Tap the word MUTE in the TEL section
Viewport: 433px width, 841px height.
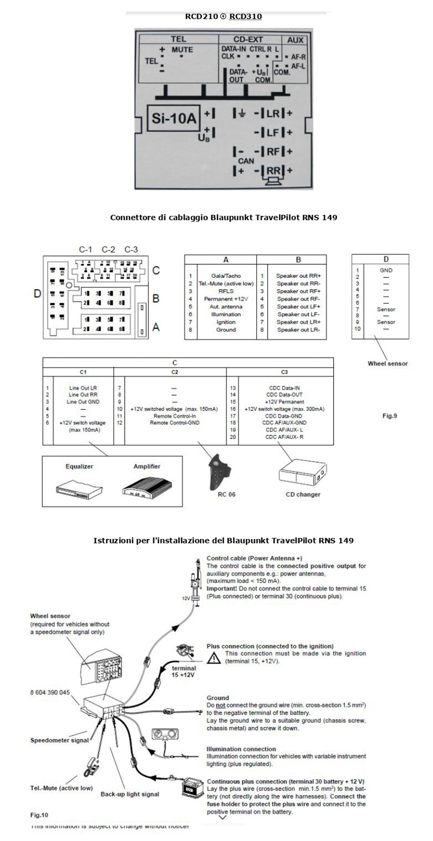click(182, 50)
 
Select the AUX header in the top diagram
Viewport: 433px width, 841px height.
click(295, 40)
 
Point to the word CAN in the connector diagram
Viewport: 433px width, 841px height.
click(246, 161)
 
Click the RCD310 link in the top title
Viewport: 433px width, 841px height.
click(245, 16)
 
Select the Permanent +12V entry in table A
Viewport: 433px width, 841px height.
click(226, 299)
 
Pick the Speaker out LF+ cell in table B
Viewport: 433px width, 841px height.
click(298, 306)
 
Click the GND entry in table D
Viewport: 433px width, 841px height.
click(386, 270)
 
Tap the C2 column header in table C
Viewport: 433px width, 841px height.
click(175, 372)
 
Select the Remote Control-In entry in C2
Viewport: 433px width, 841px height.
click(174, 416)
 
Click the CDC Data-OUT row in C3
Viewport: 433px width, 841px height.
click(284, 395)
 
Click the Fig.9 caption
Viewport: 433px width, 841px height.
click(390, 416)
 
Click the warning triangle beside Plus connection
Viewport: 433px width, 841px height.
click(213, 658)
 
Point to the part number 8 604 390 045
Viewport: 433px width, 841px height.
click(50, 692)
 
